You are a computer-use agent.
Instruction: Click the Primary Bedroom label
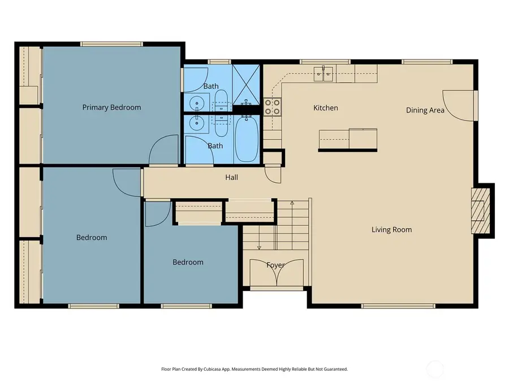pos(111,108)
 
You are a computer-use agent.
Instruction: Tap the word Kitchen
pos(326,108)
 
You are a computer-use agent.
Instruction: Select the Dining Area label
pos(425,110)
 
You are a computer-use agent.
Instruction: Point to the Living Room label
pos(391,230)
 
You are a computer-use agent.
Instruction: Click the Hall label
pos(231,177)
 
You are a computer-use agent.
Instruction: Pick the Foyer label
pos(275,265)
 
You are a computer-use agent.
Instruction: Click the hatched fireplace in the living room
pos(480,211)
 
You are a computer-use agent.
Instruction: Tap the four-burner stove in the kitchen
pos(273,107)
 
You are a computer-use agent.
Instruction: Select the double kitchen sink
pos(323,74)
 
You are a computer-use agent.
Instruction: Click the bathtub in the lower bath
pos(247,139)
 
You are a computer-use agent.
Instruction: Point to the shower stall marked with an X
pos(247,85)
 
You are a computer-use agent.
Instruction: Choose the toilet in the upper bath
pos(221,99)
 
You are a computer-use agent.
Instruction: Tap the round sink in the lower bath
pos(196,123)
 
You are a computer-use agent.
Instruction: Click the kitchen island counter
pos(348,139)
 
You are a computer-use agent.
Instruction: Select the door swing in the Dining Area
pos(459,106)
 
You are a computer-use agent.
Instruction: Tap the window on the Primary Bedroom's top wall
pos(111,44)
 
